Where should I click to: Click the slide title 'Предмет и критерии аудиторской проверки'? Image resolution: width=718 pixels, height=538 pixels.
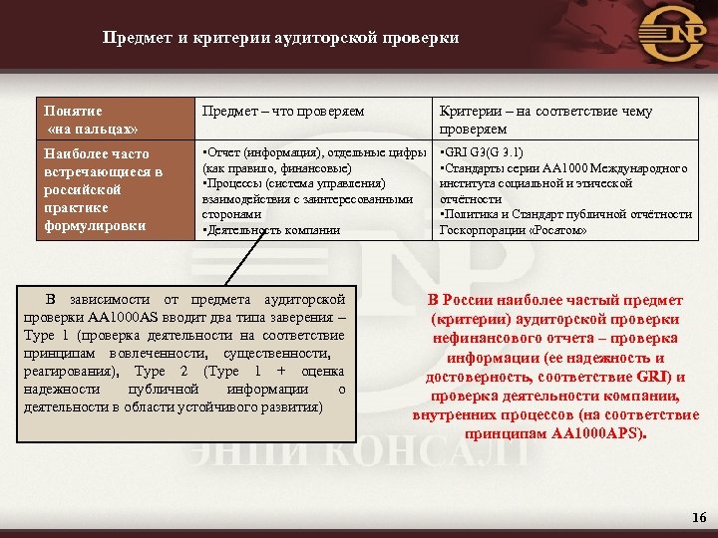(280, 39)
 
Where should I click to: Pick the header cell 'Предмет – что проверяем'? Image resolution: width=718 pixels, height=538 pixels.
(283, 112)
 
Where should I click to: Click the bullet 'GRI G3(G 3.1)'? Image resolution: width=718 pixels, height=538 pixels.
(483, 153)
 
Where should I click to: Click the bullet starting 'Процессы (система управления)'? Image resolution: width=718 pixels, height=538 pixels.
(279, 184)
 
